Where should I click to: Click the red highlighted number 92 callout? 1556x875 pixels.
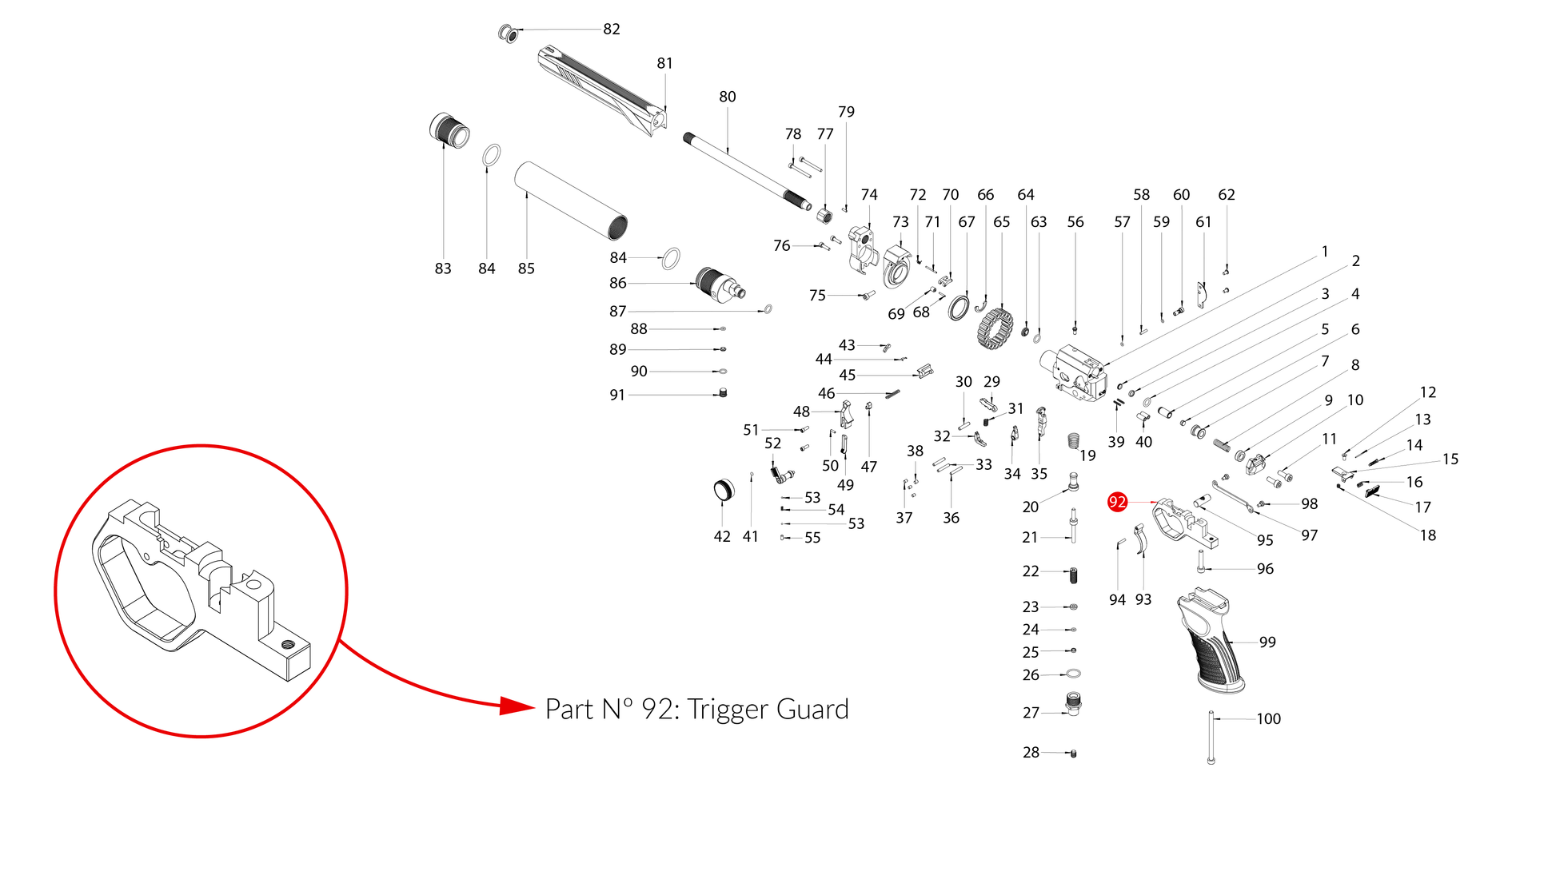pyautogui.click(x=1117, y=502)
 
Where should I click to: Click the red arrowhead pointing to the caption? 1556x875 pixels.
pyautogui.click(x=517, y=706)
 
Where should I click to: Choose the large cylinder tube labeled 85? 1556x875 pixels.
pyautogui.click(x=570, y=201)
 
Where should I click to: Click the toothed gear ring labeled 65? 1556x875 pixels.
pyautogui.click(x=995, y=328)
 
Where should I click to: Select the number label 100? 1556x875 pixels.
pyautogui.click(x=1268, y=719)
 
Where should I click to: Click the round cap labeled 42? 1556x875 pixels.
pyautogui.click(x=723, y=490)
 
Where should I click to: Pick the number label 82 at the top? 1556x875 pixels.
pyautogui.click(x=612, y=30)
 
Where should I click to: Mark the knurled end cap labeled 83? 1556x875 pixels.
pyautogui.click(x=449, y=130)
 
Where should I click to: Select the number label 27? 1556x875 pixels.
pyautogui.click(x=1031, y=713)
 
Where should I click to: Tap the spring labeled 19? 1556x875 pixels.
pyautogui.click(x=1074, y=441)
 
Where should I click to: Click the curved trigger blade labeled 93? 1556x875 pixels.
pyautogui.click(x=1142, y=539)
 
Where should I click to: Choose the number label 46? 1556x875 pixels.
pyautogui.click(x=826, y=393)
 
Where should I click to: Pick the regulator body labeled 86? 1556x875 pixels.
pyautogui.click(x=719, y=284)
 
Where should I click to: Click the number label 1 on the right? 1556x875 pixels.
pyautogui.click(x=1325, y=252)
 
